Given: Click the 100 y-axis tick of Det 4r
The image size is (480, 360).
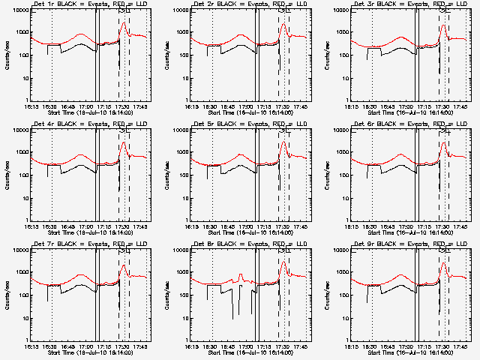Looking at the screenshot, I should pos(21,175).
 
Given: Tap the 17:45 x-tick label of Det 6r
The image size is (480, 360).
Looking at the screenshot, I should pos(461,226).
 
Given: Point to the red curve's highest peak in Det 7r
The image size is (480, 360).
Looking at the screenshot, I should pos(124,264).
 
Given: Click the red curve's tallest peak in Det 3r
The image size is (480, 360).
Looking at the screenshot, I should pos(443,25).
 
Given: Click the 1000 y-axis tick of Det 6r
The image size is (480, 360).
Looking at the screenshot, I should pos(340,153).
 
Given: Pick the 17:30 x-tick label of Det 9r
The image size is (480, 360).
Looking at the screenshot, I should pos(442,346).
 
